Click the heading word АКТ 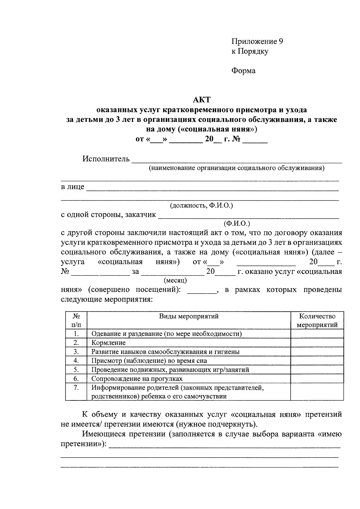click(x=202, y=100)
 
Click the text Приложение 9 click(x=257, y=41)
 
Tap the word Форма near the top click(x=243, y=71)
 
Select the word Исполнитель click(x=106, y=159)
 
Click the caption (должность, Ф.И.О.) click(x=201, y=205)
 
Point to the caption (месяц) click(x=175, y=280)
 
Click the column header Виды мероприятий click(x=189, y=316)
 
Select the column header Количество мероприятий click(x=317, y=320)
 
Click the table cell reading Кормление click(x=108, y=343)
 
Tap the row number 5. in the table click(x=76, y=370)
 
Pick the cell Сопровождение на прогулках click(x=137, y=379)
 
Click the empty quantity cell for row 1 click(x=317, y=334)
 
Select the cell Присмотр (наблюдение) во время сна click(x=149, y=361)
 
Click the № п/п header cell click(x=76, y=320)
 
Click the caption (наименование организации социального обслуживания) click(x=237, y=168)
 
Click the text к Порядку click(x=250, y=51)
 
